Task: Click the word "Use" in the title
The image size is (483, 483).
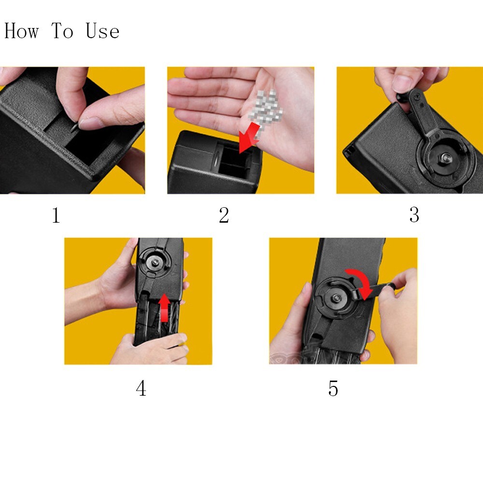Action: coord(102,31)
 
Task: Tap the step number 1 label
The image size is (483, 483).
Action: coord(56,215)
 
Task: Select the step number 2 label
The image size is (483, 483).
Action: coord(224,215)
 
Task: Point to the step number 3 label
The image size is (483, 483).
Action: coord(414,215)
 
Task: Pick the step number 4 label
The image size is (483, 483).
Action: coord(141,388)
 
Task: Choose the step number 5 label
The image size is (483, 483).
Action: coord(333,388)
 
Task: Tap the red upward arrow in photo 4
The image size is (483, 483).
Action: coord(165,308)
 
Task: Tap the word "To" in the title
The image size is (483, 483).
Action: coord(62,31)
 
